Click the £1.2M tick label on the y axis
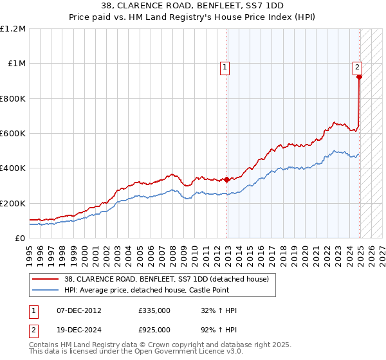pos(13,28)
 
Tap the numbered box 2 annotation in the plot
pos(357,66)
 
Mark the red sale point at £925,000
pos(359,77)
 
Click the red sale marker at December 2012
pos(227,179)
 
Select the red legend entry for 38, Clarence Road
pos(170,278)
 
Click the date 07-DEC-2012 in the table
pos(79,310)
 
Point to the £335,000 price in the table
pos(154,310)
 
